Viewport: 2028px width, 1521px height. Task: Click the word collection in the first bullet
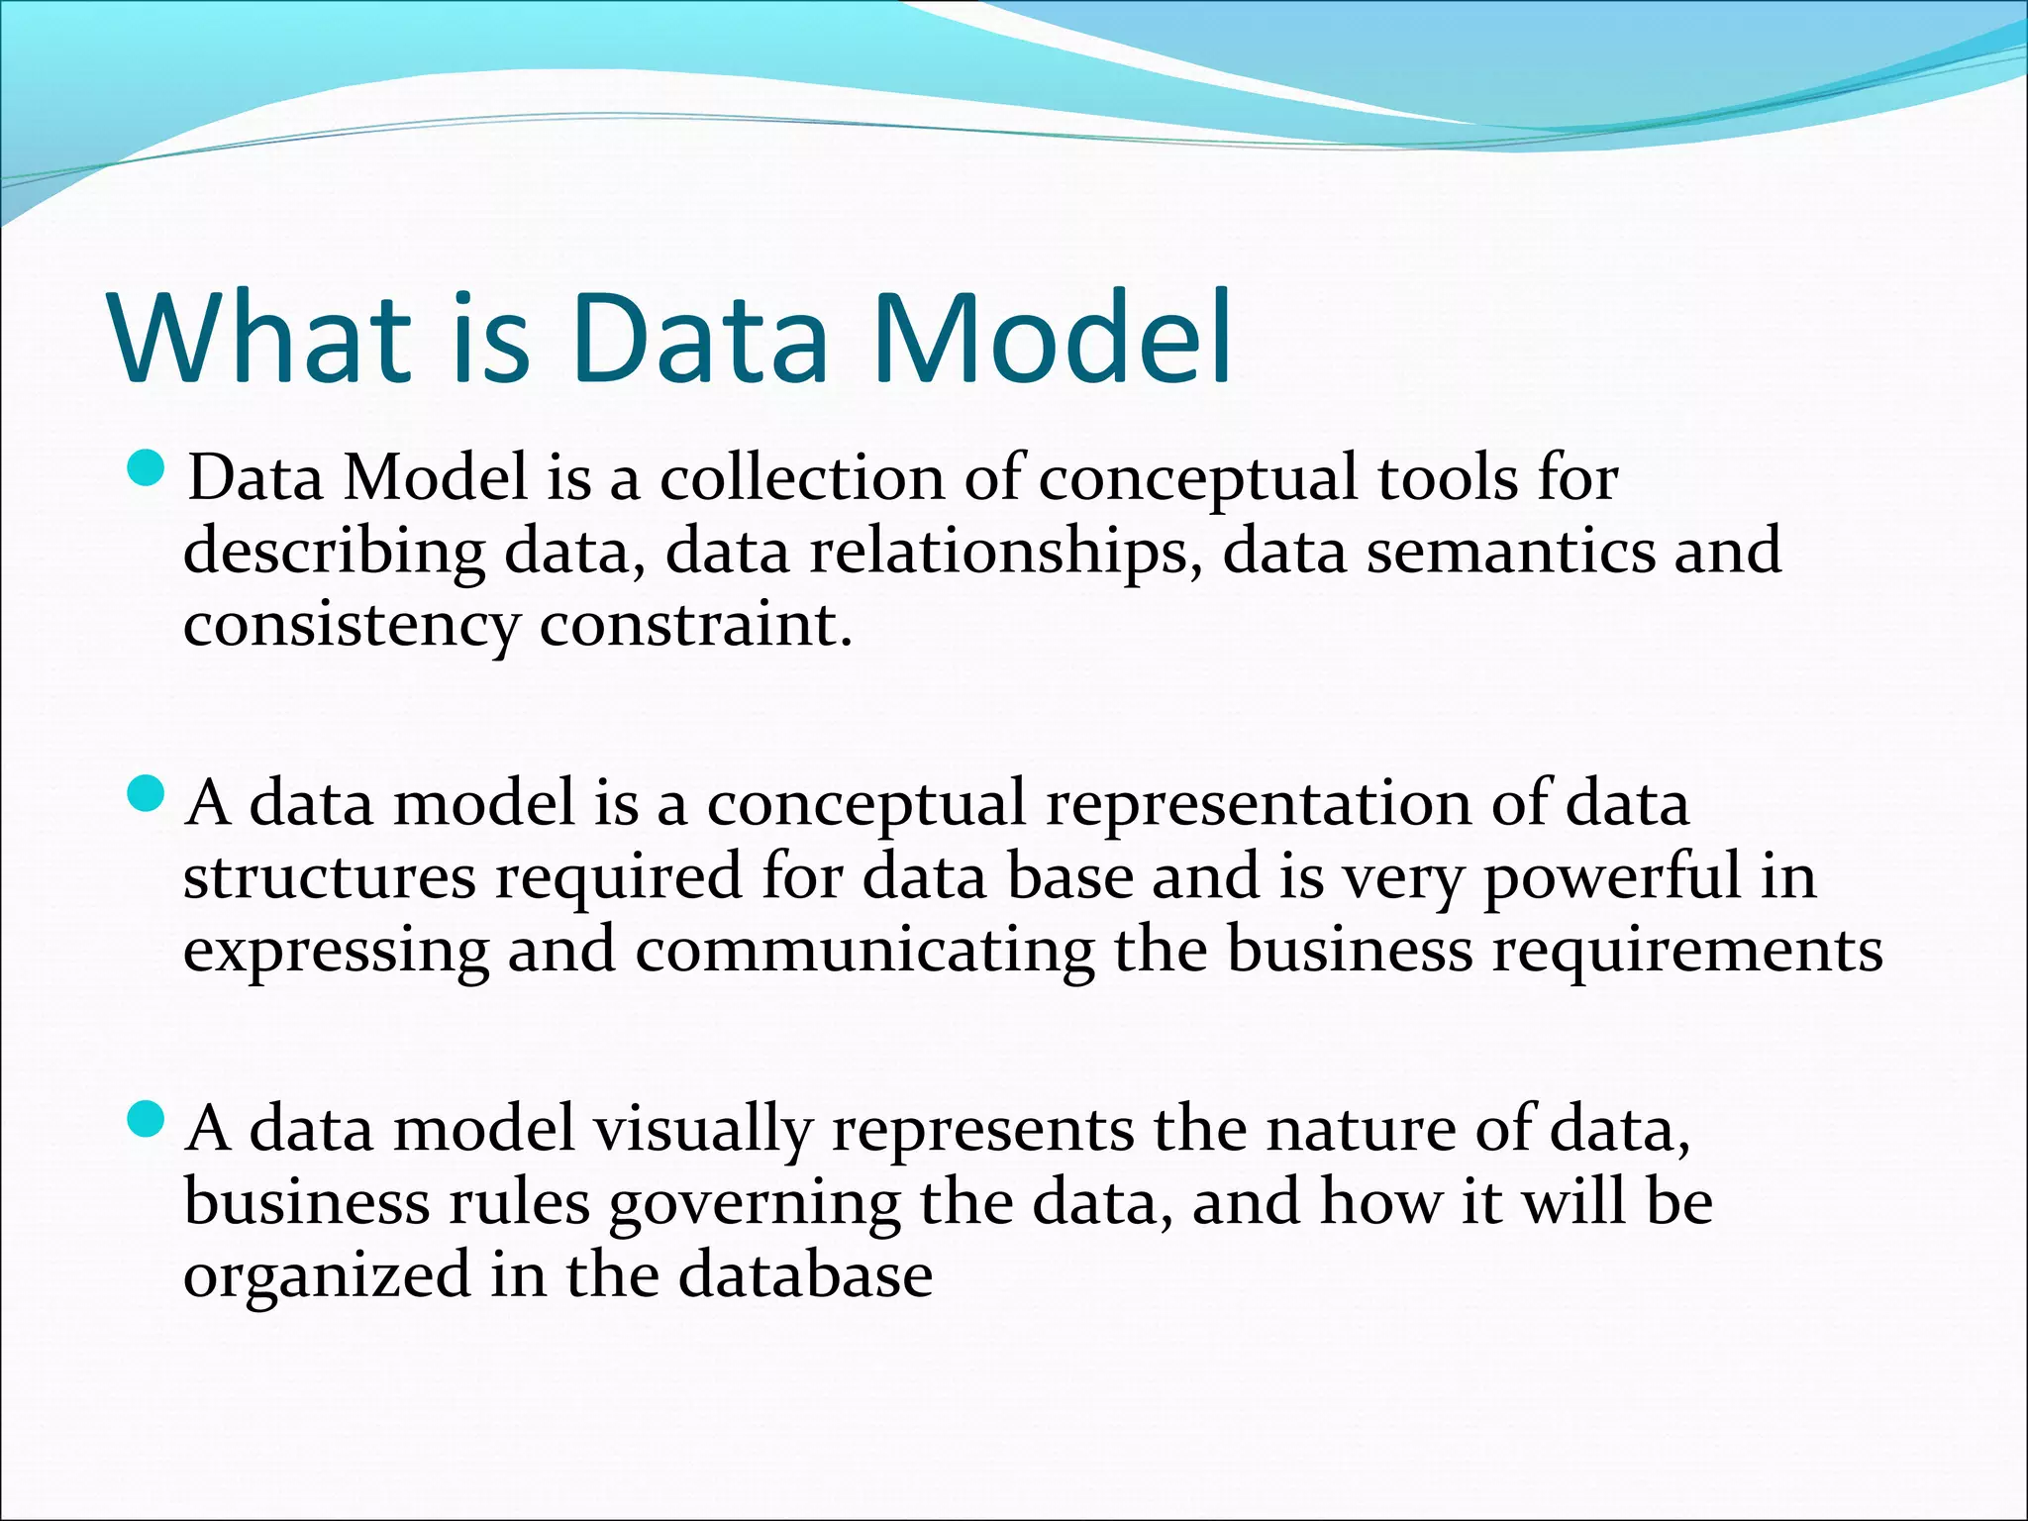802,477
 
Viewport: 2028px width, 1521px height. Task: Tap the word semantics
1511,551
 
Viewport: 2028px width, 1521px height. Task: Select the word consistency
351,627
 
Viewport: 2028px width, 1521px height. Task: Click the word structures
329,877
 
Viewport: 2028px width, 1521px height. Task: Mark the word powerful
1611,877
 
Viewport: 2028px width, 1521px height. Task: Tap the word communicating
864,951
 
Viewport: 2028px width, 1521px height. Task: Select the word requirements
1687,951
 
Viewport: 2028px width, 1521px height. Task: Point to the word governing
755,1204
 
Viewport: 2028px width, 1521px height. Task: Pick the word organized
327,1277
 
